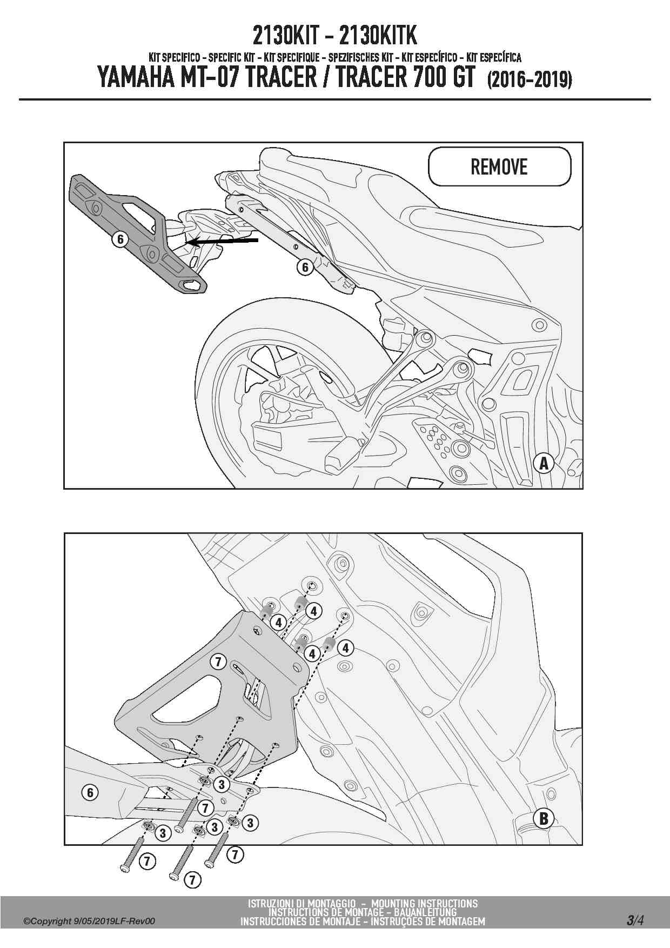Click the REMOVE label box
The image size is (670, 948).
(499, 166)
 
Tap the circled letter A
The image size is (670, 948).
(544, 463)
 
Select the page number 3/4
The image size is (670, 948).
(635, 920)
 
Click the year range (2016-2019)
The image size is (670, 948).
(530, 80)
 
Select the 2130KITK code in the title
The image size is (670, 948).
(378, 37)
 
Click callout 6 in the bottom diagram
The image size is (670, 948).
(90, 793)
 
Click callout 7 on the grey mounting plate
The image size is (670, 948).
(218, 662)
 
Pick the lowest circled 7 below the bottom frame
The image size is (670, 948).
(192, 880)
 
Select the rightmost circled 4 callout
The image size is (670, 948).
(345, 647)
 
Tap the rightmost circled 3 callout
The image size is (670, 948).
(250, 823)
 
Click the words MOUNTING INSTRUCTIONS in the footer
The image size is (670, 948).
(425, 904)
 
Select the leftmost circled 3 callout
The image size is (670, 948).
(163, 833)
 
